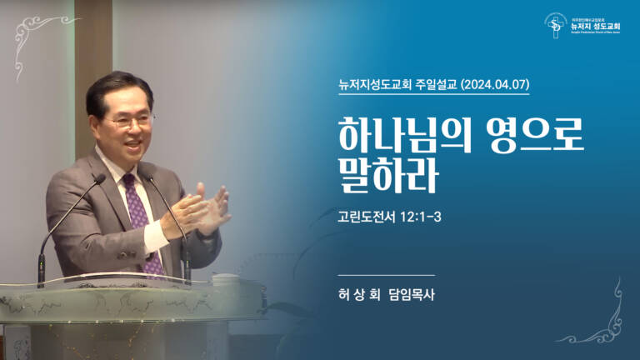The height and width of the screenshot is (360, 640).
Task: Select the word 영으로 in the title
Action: [532, 135]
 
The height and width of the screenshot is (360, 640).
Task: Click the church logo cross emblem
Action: [556, 25]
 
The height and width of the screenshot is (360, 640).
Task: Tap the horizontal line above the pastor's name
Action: [387, 274]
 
